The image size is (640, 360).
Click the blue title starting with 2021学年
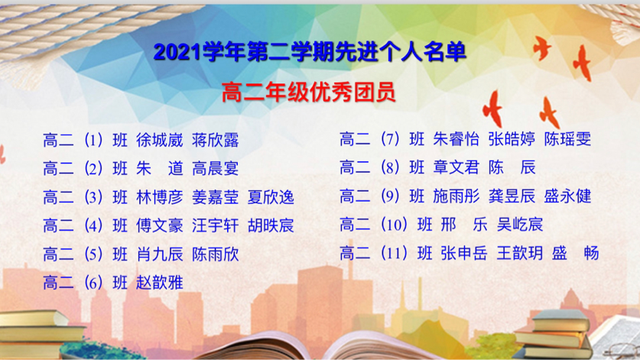[x=310, y=52]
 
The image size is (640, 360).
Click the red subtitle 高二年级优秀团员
[x=309, y=92]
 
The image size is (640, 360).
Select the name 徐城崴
[x=160, y=140]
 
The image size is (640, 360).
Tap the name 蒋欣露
[x=215, y=140]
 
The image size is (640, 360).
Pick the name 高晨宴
[x=215, y=168]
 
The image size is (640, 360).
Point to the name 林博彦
[x=160, y=197]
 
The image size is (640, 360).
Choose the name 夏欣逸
[x=271, y=197]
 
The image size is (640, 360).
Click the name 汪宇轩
[x=215, y=225]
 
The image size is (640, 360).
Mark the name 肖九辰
[x=160, y=255]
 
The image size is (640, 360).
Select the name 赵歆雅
[x=160, y=283]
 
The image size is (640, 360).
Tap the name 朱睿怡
[x=456, y=139]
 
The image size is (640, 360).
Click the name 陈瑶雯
[x=567, y=139]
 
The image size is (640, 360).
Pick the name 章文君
[x=456, y=167]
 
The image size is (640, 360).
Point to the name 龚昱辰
[x=512, y=196]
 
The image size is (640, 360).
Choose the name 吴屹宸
[x=520, y=224]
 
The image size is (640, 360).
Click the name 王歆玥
[x=520, y=253]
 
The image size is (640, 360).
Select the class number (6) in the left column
[x=93, y=283]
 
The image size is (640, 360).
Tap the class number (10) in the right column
[x=394, y=224]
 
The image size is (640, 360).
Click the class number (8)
[x=389, y=167]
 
